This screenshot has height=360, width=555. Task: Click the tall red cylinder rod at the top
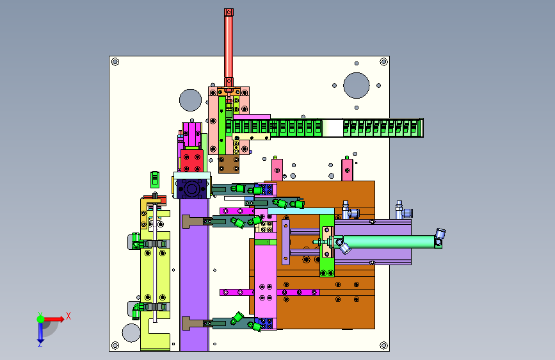pyautogui.click(x=229, y=47)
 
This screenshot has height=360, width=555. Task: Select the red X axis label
pyautogui.click(x=68, y=316)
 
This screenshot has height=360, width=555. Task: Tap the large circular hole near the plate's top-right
pyautogui.click(x=357, y=85)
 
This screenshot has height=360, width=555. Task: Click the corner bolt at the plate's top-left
pyautogui.click(x=115, y=62)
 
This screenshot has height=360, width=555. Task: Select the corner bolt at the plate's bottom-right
pyautogui.click(x=383, y=345)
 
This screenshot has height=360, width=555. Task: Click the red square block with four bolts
pyautogui.click(x=192, y=161)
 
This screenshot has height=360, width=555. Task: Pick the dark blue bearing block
pyautogui.click(x=191, y=189)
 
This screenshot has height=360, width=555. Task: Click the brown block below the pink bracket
pyautogui.click(x=229, y=164)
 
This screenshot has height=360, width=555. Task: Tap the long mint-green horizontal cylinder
pyautogui.click(x=389, y=242)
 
